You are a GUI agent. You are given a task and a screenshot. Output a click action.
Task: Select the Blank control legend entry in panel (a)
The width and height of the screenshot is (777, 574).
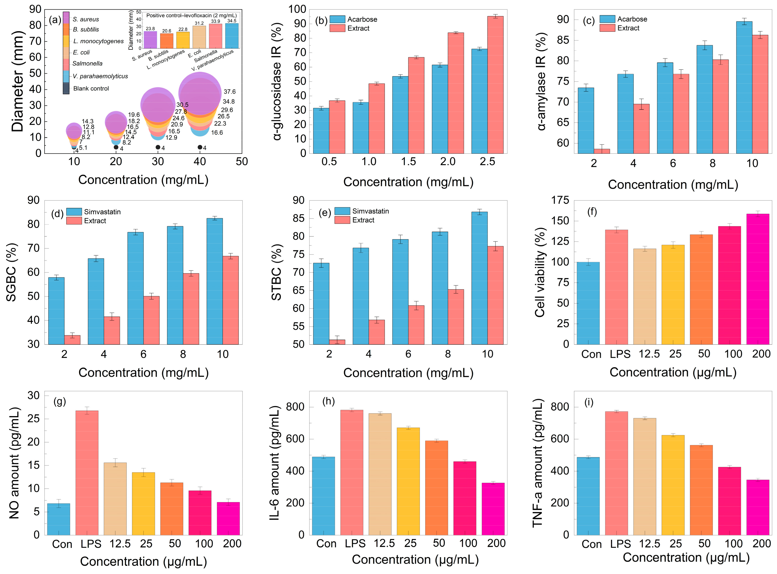91,89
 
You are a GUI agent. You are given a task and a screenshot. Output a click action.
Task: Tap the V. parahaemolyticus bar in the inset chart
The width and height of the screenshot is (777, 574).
232,36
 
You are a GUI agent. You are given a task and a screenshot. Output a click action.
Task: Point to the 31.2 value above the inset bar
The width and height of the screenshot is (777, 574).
199,23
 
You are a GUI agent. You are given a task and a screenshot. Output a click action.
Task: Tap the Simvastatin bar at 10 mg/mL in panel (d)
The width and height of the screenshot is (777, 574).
214,281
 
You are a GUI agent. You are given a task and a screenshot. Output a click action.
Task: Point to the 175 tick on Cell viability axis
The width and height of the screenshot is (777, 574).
560,200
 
